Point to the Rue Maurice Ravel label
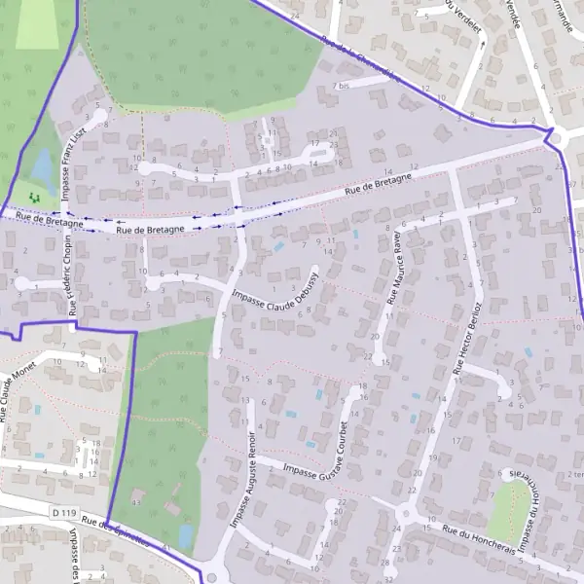click(x=395, y=269)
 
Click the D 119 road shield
click(x=63, y=512)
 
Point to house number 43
click(x=136, y=502)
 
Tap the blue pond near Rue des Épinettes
click(x=185, y=536)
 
